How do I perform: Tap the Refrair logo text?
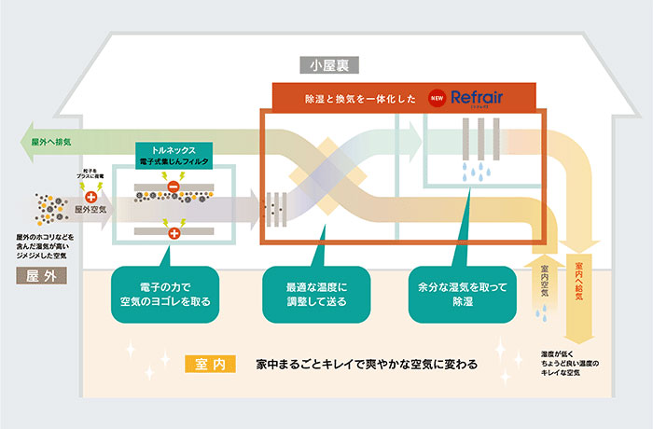[x=477, y=96]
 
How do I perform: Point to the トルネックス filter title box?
[x=176, y=154]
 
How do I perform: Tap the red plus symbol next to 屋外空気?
[x=90, y=197]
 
